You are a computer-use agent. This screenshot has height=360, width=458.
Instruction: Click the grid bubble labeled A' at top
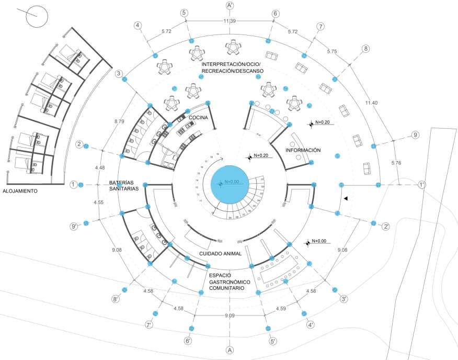click(x=229, y=5)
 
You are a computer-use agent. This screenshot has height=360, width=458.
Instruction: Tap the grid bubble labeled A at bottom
click(x=228, y=350)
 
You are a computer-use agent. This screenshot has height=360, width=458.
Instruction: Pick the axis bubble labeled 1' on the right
click(x=422, y=185)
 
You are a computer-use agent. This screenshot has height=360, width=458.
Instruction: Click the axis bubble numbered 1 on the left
click(x=74, y=184)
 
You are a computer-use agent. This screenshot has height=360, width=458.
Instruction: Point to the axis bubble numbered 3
click(x=120, y=74)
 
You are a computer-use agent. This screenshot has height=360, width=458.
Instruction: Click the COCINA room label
click(x=199, y=118)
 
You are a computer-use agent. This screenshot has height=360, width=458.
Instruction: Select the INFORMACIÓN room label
click(x=303, y=150)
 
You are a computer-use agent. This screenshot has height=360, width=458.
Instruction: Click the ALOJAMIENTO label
click(x=20, y=192)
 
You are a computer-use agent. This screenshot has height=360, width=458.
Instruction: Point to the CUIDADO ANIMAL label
click(x=220, y=254)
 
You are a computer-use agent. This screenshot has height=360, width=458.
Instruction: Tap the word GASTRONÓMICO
click(x=229, y=282)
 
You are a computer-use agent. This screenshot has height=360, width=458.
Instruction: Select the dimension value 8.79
click(x=119, y=122)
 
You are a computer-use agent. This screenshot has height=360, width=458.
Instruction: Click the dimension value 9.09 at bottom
click(x=230, y=316)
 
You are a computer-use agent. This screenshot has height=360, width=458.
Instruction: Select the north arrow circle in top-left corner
click(x=37, y=17)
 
